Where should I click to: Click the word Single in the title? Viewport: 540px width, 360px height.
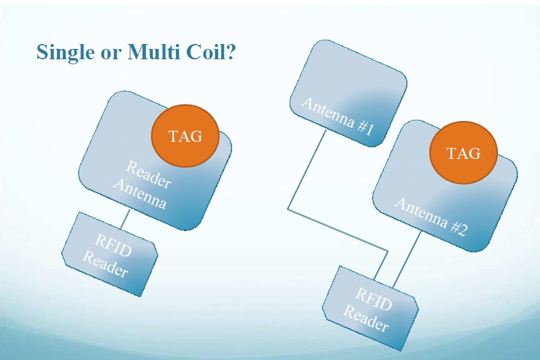click(65, 53)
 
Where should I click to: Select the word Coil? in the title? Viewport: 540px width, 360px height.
click(211, 52)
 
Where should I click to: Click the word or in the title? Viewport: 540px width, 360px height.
click(111, 54)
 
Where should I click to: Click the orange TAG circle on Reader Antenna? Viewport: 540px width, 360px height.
click(185, 136)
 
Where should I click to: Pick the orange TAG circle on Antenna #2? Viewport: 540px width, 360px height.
click(463, 153)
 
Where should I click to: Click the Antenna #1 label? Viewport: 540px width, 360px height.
click(337, 117)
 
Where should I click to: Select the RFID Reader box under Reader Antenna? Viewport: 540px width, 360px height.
click(110, 254)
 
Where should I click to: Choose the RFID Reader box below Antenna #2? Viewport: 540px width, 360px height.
click(371, 308)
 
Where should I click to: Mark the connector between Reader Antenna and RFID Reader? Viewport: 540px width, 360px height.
click(125, 219)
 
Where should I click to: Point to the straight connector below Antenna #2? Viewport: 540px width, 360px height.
click(407, 259)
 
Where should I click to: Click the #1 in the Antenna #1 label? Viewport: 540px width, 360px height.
click(366, 128)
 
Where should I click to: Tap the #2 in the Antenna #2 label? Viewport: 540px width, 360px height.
click(459, 229)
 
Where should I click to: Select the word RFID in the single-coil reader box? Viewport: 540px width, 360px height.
click(113, 245)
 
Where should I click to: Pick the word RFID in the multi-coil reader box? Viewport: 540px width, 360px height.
click(374, 299)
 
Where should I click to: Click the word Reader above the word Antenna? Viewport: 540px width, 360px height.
click(148, 174)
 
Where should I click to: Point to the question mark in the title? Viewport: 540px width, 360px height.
click(231, 52)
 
